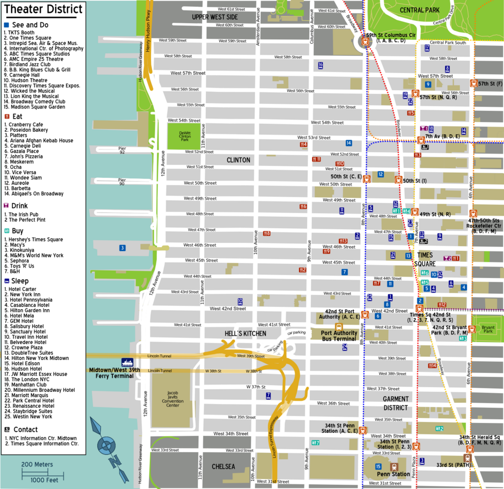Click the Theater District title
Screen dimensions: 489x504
tap(43, 9)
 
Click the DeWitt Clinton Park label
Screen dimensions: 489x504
tap(184, 136)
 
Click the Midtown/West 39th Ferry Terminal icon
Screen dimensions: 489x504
tap(127, 362)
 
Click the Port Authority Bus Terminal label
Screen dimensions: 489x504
tap(339, 336)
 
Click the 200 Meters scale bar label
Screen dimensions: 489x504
tap(37, 464)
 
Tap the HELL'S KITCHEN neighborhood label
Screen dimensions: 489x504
tap(246, 334)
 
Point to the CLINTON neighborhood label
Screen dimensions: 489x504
tap(238, 160)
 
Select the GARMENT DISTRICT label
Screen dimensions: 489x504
tap(395, 403)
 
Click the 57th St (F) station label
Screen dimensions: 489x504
tap(490, 83)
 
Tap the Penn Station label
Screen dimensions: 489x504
tap(393, 474)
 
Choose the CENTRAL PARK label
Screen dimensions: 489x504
tap(419, 10)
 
